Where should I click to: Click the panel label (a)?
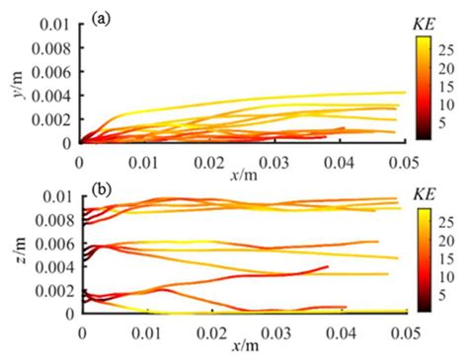(99, 18)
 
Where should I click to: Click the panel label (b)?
(100, 189)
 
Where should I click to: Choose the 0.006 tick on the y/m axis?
(51, 71)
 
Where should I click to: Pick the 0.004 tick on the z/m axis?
(51, 267)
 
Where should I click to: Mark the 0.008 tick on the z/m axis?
(51, 220)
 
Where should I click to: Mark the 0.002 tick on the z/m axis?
(51, 291)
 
